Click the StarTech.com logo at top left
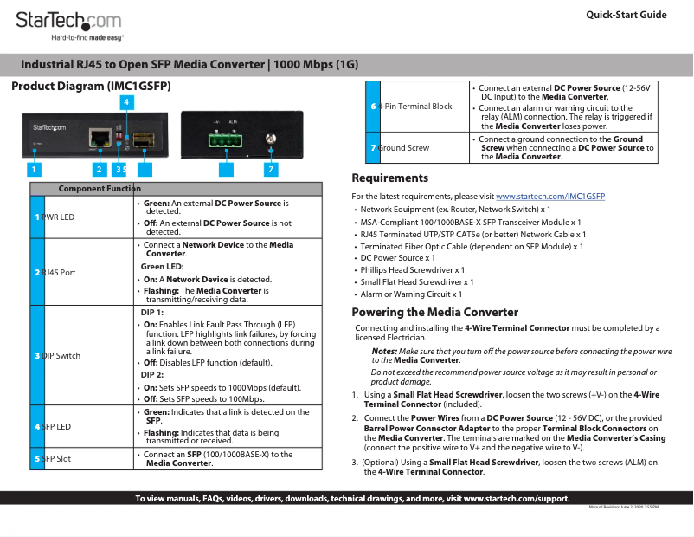point(68,22)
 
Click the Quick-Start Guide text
point(626,15)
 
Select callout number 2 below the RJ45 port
point(100,169)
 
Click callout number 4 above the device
point(126,102)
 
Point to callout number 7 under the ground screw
point(271,169)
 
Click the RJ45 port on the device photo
point(100,137)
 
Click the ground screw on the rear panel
point(272,139)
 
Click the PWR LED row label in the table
point(59,217)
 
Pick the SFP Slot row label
point(57,458)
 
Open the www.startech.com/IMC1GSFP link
point(549,197)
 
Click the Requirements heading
point(389,178)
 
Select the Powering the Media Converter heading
point(434,312)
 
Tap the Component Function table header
point(100,189)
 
